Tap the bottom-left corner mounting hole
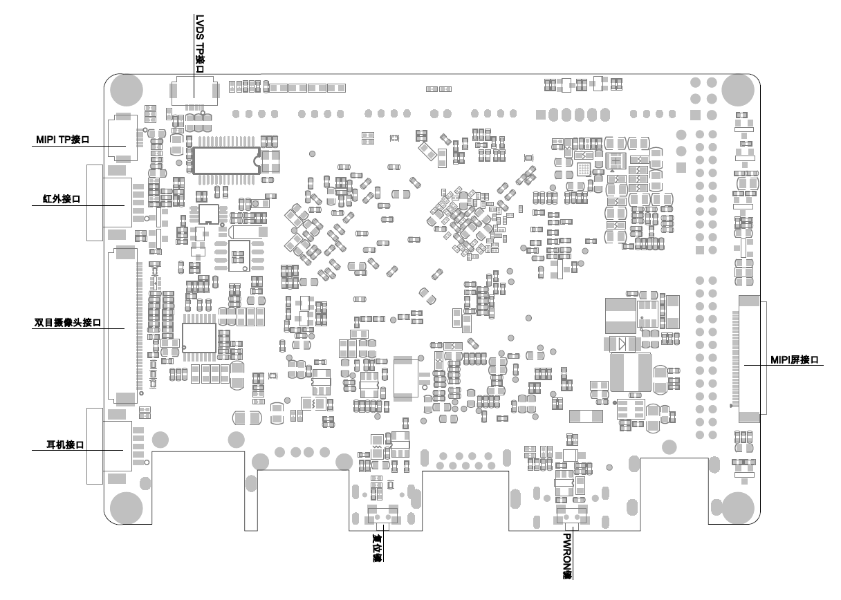coord(125,506)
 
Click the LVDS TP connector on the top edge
coord(193,92)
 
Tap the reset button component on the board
coord(382,516)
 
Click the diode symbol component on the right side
coord(621,344)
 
